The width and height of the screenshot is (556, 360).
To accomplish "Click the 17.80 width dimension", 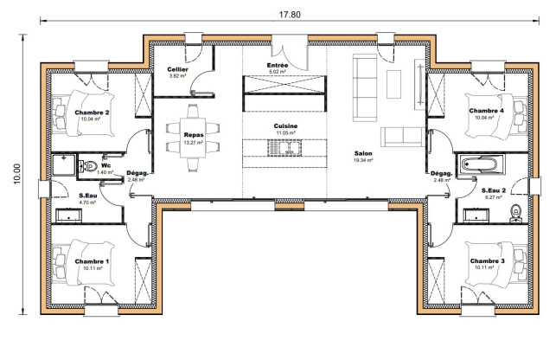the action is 290,15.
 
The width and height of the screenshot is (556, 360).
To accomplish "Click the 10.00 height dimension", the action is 17,174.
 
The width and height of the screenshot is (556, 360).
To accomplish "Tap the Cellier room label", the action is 177,69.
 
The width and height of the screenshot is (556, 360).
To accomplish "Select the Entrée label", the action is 278,65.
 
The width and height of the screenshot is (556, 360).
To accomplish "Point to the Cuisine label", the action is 285,126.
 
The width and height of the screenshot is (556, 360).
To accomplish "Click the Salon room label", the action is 363,153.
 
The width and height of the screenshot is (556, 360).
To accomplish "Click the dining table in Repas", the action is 193,138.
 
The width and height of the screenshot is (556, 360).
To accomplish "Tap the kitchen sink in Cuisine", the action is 284,148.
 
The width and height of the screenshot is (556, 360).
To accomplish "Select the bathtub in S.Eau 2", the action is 482,164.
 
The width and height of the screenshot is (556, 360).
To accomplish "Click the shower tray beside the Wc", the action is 64,164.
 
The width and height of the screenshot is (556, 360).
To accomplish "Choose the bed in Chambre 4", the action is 495,116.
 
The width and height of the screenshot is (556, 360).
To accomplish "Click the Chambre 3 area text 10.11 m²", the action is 483,267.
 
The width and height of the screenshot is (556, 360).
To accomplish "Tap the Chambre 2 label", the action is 92,112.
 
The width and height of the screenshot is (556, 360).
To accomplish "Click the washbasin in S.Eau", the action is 69,215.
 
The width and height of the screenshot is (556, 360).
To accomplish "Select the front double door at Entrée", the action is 290,54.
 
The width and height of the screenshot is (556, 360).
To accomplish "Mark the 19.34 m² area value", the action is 363,160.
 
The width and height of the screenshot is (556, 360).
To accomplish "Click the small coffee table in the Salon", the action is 393,84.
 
